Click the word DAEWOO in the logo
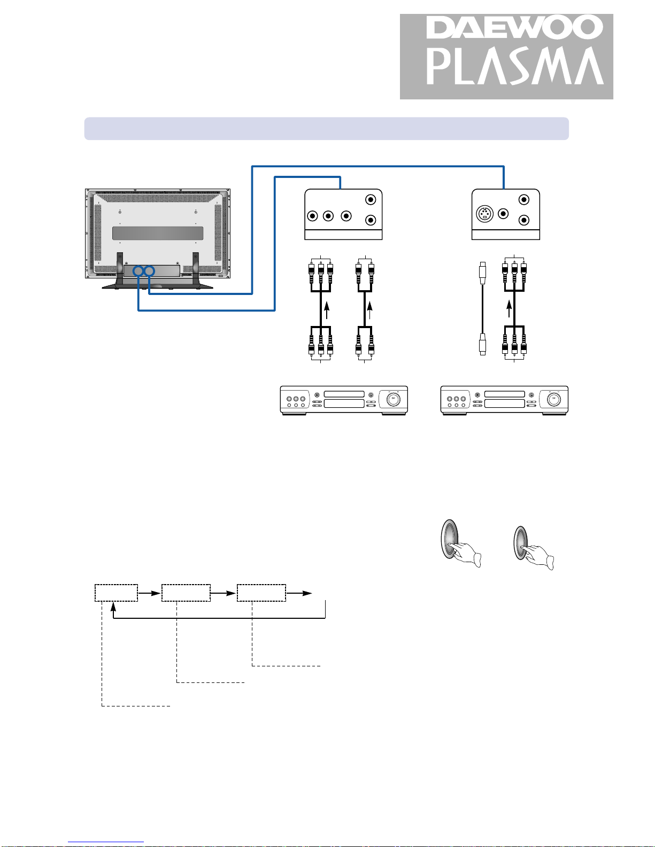point(514,27)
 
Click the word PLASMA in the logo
point(515,66)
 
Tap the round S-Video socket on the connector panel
point(484,214)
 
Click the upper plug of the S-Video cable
point(483,273)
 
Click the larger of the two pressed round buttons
point(450,539)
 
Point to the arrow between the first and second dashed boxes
point(149,593)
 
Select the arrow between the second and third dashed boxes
point(223,593)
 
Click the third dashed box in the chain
point(261,593)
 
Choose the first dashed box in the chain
point(116,593)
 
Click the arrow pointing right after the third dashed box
point(299,593)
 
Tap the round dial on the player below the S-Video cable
point(553,399)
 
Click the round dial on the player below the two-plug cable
point(394,399)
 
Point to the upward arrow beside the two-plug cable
point(369,310)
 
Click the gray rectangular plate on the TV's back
point(158,233)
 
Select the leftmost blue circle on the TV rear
point(138,271)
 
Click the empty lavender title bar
point(326,129)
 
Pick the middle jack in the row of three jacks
point(328,215)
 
